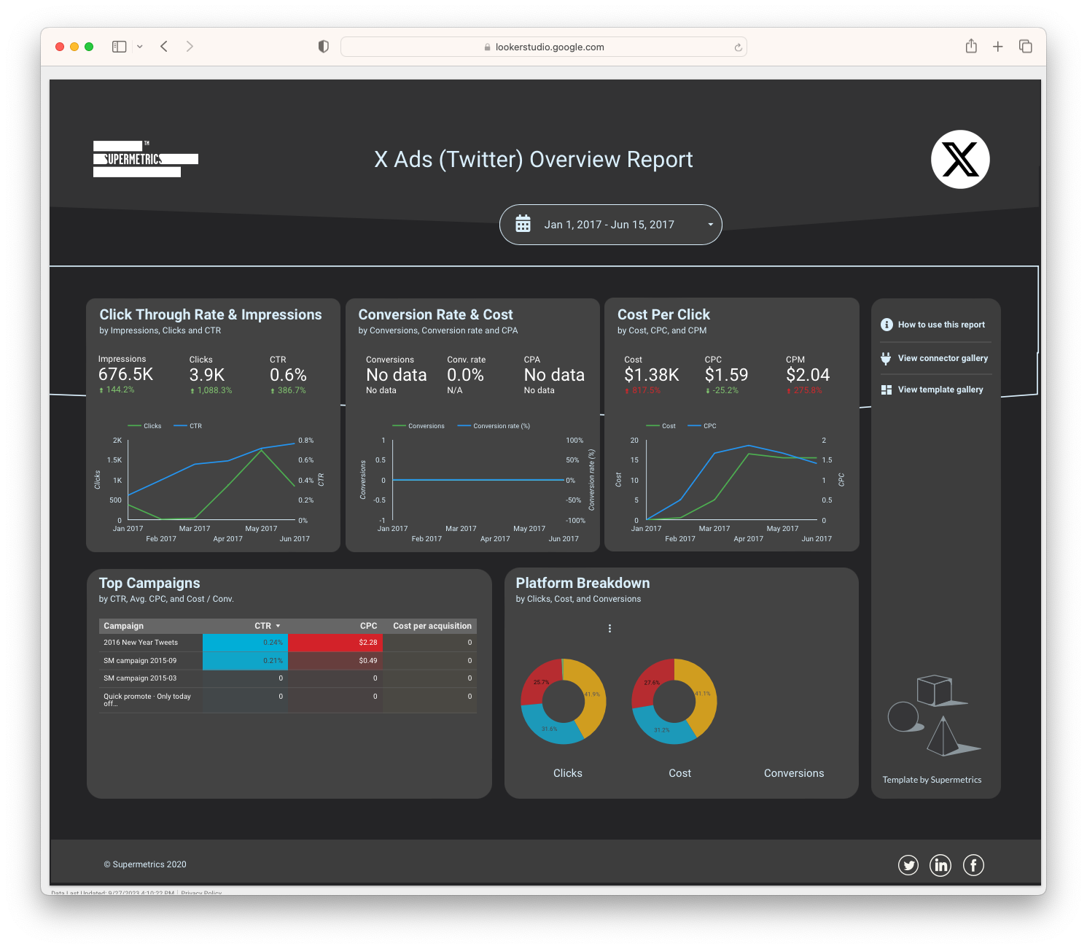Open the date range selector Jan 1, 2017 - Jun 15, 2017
(610, 225)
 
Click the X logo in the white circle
(960, 159)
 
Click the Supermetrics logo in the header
(145, 159)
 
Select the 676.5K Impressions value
(125, 375)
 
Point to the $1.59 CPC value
(726, 375)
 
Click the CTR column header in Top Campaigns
(263, 626)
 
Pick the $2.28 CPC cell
(335, 643)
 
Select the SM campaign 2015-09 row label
(140, 661)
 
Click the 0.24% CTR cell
(245, 643)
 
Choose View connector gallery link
(942, 358)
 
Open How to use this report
(940, 325)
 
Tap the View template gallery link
(940, 390)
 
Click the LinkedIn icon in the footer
(940, 865)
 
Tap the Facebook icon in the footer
(973, 865)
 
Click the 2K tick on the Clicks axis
(117, 441)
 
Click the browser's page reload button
(738, 47)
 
